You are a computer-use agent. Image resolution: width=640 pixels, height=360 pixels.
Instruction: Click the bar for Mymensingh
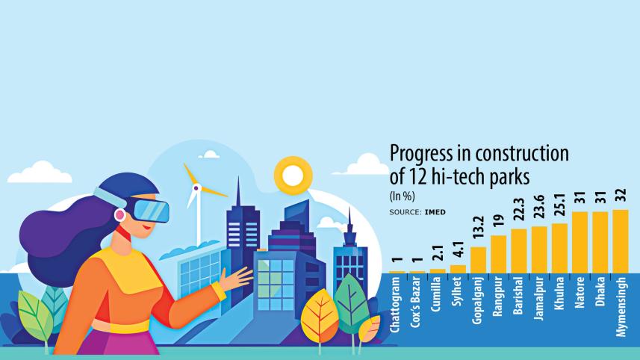pyautogui.click(x=621, y=241)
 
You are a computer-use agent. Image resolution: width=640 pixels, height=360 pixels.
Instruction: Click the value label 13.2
pyautogui.click(x=478, y=232)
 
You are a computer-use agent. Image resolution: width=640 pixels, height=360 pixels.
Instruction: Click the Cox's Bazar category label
pyautogui.click(x=417, y=305)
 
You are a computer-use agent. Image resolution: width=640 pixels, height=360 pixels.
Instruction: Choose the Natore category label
pyautogui.click(x=580, y=294)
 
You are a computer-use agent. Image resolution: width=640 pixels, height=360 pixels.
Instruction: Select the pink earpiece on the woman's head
pyautogui.click(x=119, y=214)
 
